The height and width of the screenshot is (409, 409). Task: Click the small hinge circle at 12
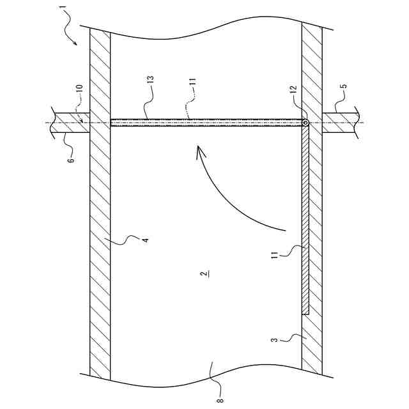click(305, 123)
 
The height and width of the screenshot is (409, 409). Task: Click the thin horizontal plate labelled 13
click(204, 123)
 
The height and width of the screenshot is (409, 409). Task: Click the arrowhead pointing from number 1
click(75, 43)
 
